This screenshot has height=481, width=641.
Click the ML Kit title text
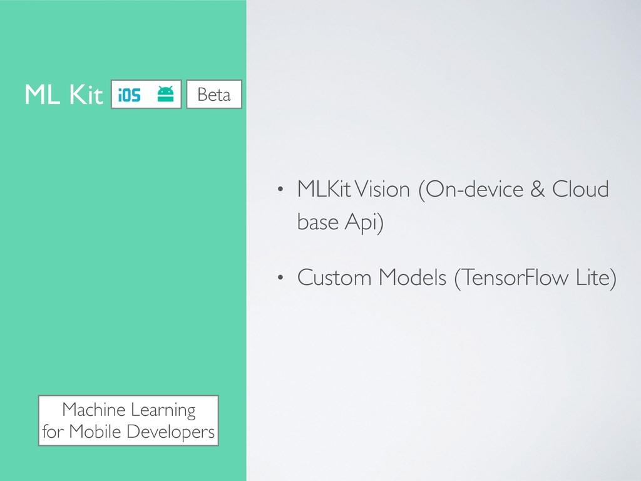click(64, 95)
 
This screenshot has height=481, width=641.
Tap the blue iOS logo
click(129, 95)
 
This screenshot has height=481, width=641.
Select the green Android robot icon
click(165, 94)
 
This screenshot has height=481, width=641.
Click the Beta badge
click(214, 95)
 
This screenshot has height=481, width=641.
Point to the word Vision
click(382, 189)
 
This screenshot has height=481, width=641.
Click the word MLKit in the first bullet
click(324, 189)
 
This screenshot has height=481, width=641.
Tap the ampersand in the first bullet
click(538, 189)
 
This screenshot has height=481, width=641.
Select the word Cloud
click(580, 189)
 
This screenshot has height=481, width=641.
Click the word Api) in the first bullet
click(364, 223)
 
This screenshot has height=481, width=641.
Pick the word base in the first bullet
click(318, 222)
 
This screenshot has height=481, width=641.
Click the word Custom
click(334, 277)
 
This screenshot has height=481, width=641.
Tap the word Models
click(413, 277)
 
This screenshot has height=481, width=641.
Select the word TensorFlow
click(511, 278)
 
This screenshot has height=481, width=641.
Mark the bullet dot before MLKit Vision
click(280, 189)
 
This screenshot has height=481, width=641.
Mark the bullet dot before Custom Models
click(280, 277)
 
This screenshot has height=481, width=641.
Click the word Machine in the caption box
click(94, 410)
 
